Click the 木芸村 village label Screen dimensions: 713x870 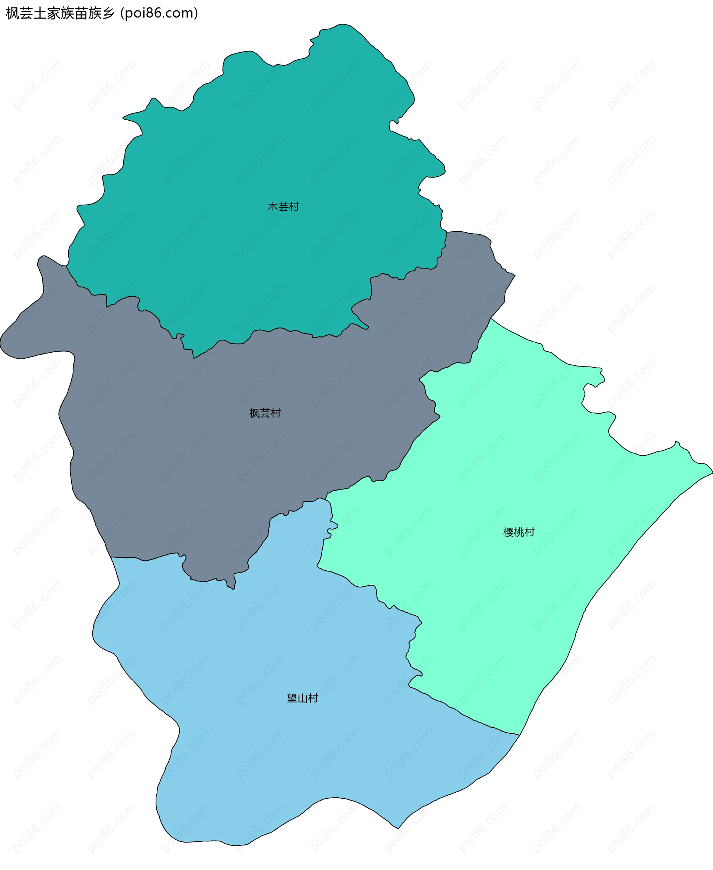point(283,206)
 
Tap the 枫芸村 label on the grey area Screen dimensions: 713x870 point(265,413)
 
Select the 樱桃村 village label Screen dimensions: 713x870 point(519,532)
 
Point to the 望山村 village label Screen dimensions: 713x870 point(302,698)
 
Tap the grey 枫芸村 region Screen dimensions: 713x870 point(205,431)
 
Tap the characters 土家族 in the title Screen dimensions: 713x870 point(53,13)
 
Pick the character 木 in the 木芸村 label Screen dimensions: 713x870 point(273,206)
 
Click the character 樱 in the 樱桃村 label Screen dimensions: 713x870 point(508,532)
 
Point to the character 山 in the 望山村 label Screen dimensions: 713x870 point(302,698)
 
